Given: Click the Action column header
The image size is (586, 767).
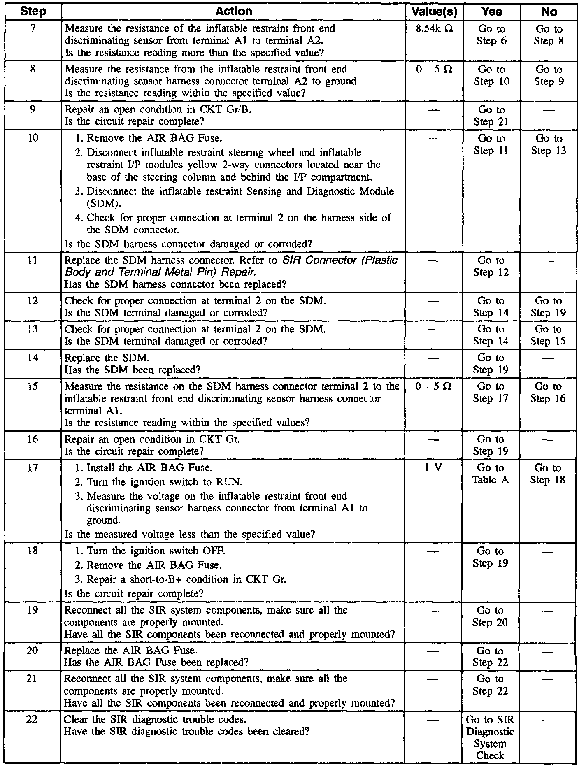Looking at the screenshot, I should coord(233,11).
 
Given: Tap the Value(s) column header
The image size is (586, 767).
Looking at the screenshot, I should coord(434,12).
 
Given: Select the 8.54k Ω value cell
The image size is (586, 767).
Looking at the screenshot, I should coord(434,29).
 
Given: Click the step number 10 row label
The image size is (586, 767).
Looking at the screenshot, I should coord(33,138).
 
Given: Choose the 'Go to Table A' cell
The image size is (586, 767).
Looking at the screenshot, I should coord(491,474).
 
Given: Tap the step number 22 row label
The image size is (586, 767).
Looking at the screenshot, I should coord(33,720).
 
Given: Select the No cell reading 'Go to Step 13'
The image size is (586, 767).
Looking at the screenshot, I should coord(549,144).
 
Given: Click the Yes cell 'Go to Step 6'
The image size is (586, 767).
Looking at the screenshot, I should coord(491,35).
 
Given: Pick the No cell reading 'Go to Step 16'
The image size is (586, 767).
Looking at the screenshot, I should coord(548,392).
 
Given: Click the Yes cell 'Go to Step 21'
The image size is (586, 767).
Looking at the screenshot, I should coord(491,116).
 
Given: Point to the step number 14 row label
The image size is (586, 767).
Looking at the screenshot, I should coord(33,358).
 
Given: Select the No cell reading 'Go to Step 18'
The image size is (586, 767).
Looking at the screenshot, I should coord(548,474).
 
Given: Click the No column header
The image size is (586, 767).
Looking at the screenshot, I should coord(549,12).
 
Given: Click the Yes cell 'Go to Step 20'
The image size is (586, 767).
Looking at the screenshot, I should coord(490,616).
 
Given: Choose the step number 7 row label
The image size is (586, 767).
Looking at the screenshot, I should coord(33,29).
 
